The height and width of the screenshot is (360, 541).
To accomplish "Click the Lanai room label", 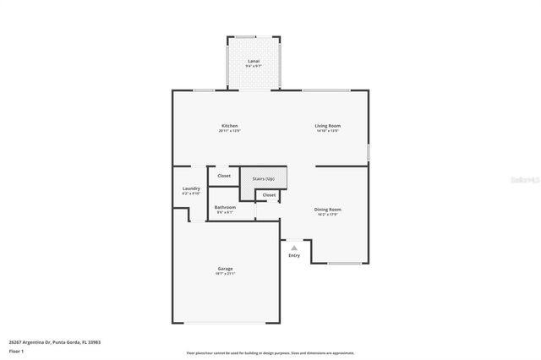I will (x=254, y=62).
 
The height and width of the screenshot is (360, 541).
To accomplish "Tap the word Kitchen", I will (x=224, y=126).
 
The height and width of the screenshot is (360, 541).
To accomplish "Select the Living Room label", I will (x=328, y=126).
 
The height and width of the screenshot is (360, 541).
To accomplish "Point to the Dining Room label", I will (x=328, y=209).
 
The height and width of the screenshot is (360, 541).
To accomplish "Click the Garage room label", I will (x=225, y=269).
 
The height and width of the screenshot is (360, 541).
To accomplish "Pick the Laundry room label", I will (x=191, y=188).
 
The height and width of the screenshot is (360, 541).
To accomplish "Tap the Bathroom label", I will (x=224, y=207).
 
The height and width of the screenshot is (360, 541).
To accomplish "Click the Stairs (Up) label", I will (x=264, y=178).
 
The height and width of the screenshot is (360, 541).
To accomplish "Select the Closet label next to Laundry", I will (x=224, y=176).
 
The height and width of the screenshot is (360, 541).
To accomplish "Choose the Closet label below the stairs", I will (x=269, y=195).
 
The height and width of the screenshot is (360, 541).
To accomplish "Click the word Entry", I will (x=293, y=254).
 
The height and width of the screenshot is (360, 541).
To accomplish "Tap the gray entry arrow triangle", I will (x=293, y=248).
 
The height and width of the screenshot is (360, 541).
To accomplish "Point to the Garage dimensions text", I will (x=225, y=274).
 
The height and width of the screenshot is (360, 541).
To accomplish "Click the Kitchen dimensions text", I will (x=224, y=131).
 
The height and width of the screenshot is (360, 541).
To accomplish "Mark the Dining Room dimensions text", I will (x=328, y=214).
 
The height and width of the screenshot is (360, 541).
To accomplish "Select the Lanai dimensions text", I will (x=254, y=67).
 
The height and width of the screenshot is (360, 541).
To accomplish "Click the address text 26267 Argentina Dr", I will (x=47, y=342).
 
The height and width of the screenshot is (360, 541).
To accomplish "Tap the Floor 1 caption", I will (x=17, y=350).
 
